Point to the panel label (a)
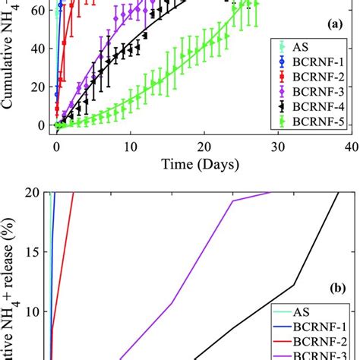click(x=334, y=25)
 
